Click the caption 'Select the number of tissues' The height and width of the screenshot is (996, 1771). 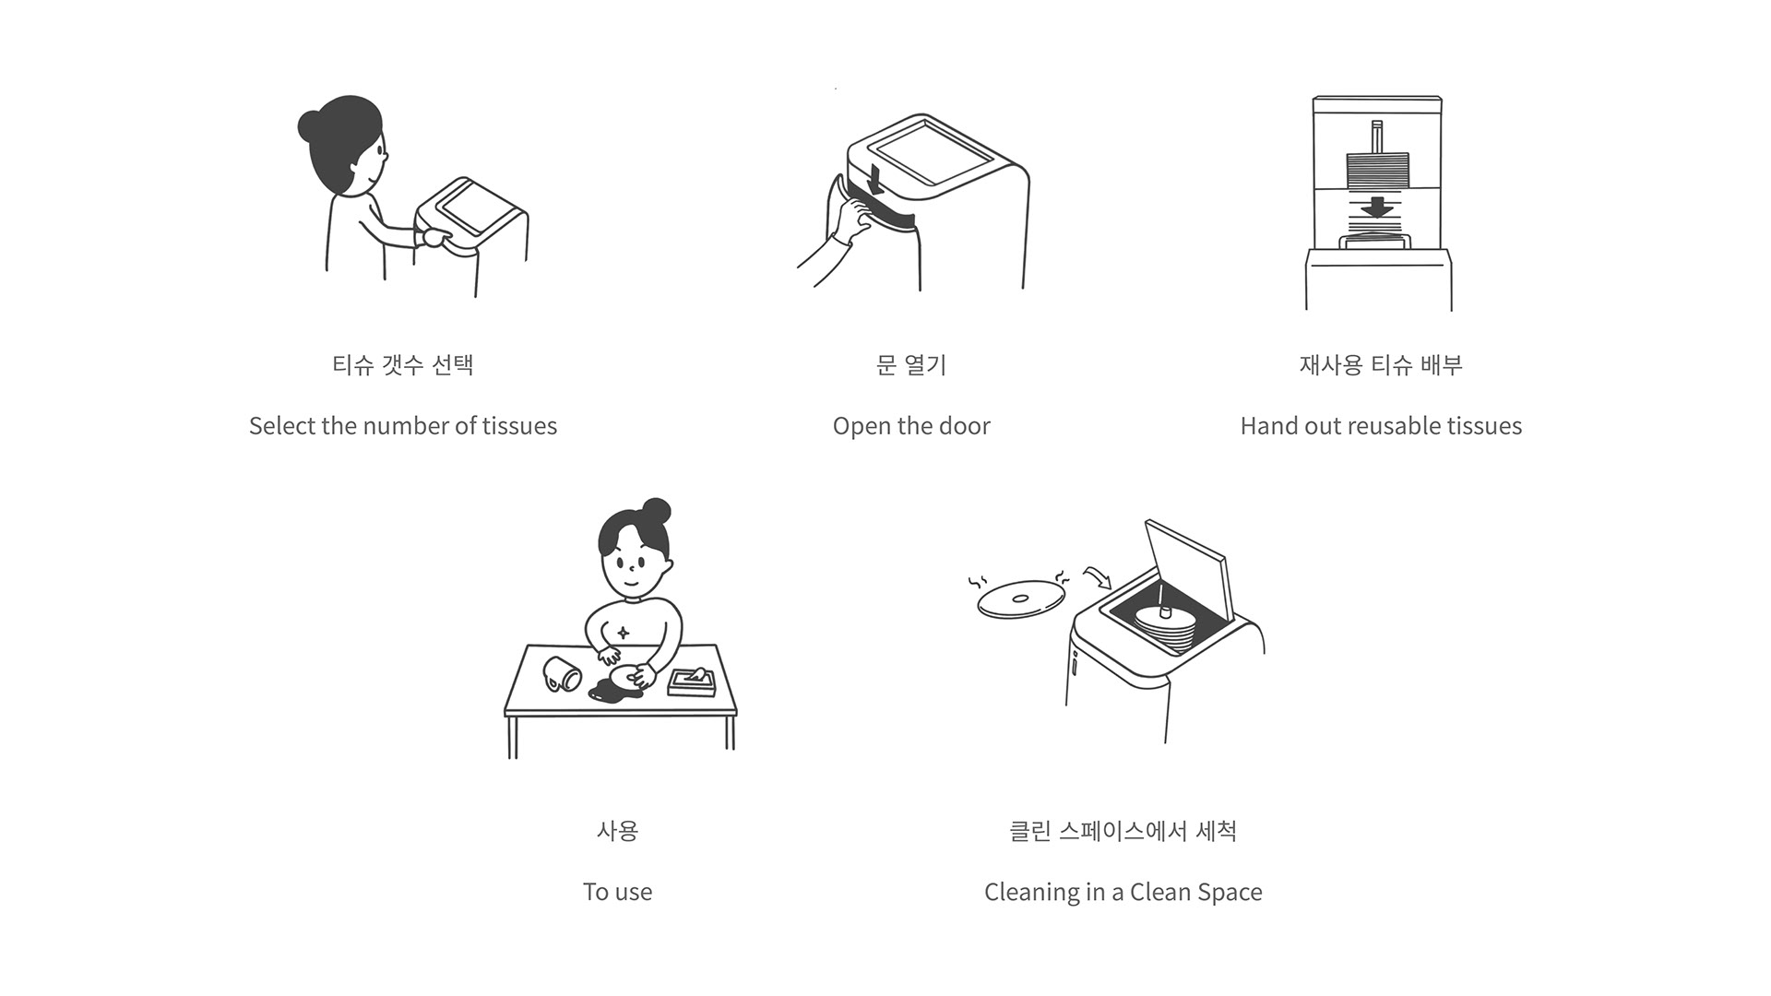pos(403,426)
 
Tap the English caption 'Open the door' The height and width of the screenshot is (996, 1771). pos(911,426)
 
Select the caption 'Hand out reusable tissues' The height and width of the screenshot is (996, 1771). pos(1381,426)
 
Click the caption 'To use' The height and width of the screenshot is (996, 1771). pos(617,892)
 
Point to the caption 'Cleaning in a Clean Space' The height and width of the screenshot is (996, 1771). pos(1123,892)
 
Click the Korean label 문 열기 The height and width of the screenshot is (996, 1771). pos(911,365)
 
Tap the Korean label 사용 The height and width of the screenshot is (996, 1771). pos(617,831)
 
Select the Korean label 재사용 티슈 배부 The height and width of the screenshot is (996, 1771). pos(1381,365)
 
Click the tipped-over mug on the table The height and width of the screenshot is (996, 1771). pos(563,673)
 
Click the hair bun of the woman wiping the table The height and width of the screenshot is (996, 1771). pos(657,511)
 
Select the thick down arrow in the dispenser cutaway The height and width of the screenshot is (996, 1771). pos(1378,207)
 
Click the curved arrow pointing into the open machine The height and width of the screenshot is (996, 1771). pos(1098,577)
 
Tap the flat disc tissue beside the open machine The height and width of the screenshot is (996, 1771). pos(1020,599)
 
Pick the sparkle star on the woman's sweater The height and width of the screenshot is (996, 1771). pos(624,633)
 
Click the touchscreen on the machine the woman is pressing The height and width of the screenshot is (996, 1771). pos(477,207)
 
